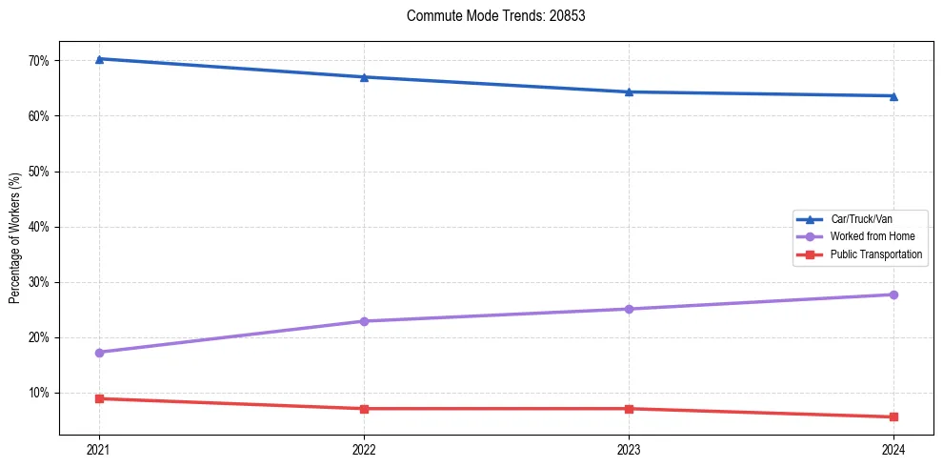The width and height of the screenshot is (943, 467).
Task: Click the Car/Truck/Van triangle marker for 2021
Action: point(99,59)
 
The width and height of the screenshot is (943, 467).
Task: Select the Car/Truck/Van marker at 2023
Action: point(629,91)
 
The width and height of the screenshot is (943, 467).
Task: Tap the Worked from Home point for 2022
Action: point(364,321)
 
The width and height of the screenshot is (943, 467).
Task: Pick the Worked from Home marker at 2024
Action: point(893,294)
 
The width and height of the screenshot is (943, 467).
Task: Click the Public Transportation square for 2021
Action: point(99,398)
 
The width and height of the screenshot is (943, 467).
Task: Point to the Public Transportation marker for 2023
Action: point(629,409)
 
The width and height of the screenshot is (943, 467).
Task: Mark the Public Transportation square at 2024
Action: point(893,416)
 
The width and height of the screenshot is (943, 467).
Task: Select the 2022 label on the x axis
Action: point(364,449)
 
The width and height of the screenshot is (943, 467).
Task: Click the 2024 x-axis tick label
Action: point(893,449)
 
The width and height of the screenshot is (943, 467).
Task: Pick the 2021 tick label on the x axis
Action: point(99,449)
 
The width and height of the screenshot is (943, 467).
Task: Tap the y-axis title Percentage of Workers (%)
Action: point(14,238)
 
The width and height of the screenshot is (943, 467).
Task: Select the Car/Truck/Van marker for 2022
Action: point(364,77)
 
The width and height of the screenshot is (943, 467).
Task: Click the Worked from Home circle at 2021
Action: point(99,353)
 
